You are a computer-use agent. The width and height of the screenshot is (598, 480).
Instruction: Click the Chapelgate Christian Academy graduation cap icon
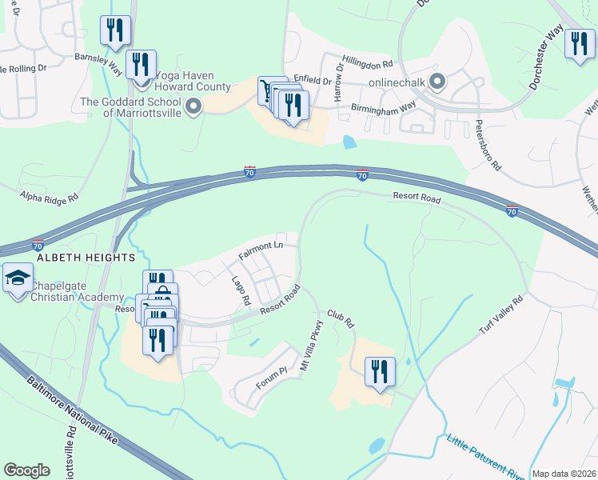[x=17, y=278]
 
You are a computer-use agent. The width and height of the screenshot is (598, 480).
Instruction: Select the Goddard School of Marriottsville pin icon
[x=193, y=106]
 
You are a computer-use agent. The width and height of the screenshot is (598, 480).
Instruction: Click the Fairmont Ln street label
[x=261, y=250]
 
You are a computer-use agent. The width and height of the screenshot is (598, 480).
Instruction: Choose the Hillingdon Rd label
[x=368, y=62]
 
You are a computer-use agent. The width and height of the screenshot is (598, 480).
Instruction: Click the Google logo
[x=26, y=470]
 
